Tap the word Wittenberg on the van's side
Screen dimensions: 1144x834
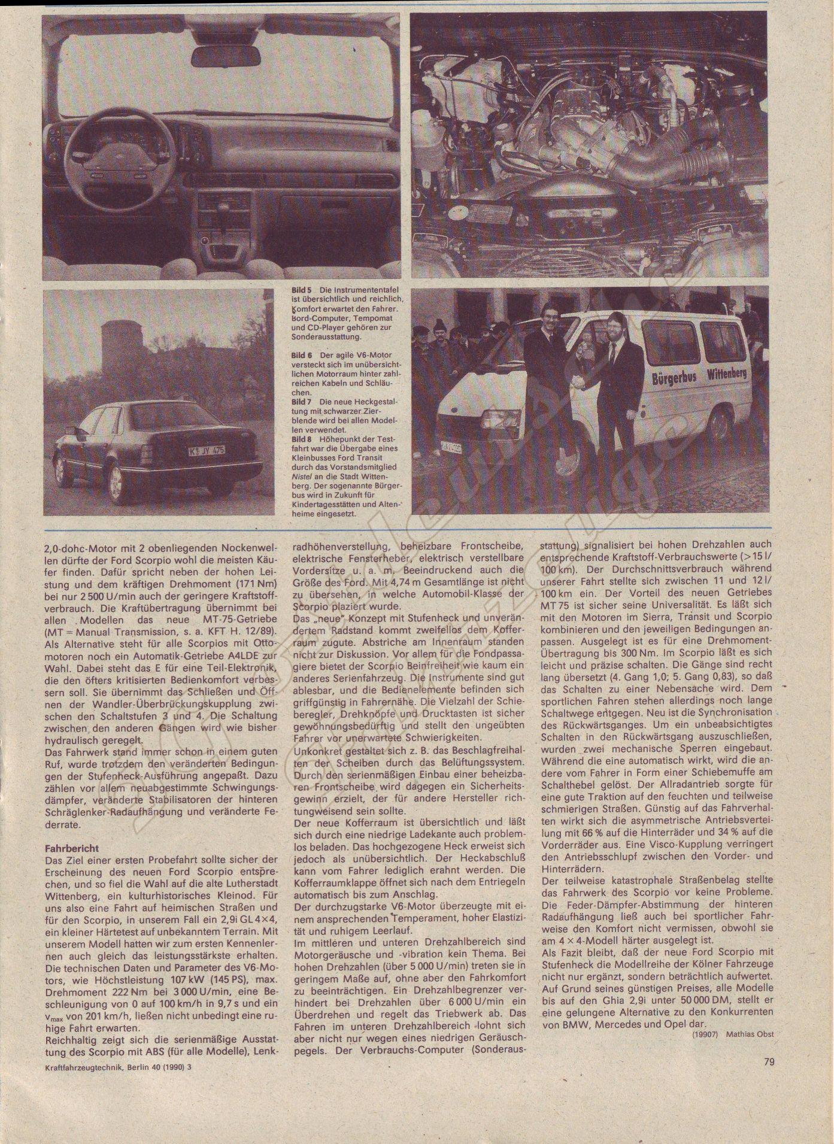point(726,374)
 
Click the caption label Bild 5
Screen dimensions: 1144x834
point(301,290)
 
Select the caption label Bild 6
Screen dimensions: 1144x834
point(301,355)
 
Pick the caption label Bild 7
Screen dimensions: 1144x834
point(301,400)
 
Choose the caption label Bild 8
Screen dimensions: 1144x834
point(301,439)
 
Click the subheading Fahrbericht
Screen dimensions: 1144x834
point(72,848)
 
